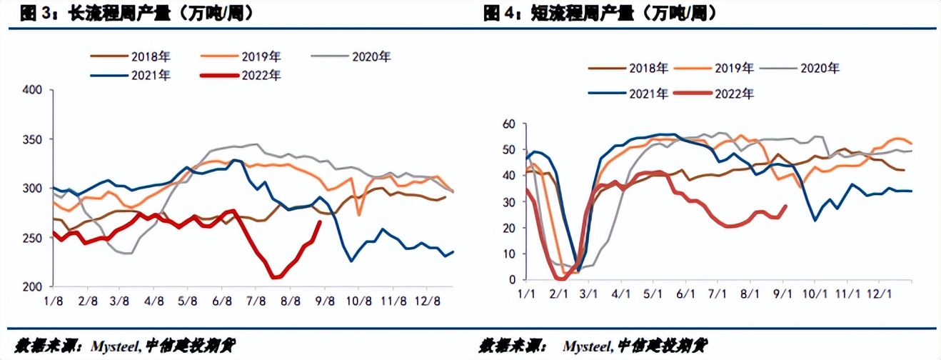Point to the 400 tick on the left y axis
point(33,90)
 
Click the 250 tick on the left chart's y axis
point(33,238)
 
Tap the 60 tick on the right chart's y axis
point(509,124)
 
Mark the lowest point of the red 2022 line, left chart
point(275,277)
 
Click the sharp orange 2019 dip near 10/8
point(358,215)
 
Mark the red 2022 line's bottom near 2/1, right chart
point(560,278)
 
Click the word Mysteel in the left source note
point(112,346)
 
